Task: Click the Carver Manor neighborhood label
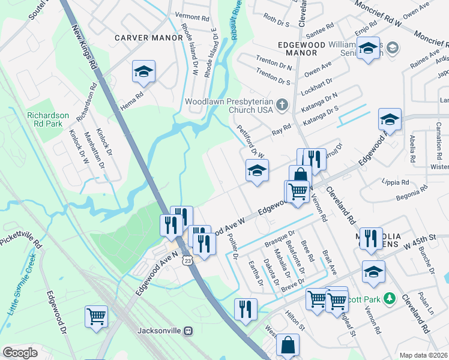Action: [149, 37]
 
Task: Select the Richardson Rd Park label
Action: [48, 119]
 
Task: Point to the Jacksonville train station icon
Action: [188, 331]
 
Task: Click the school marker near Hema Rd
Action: [143, 73]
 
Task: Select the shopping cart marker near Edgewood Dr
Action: [96, 316]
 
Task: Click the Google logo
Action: [20, 353]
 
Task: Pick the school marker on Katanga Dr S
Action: [390, 121]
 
